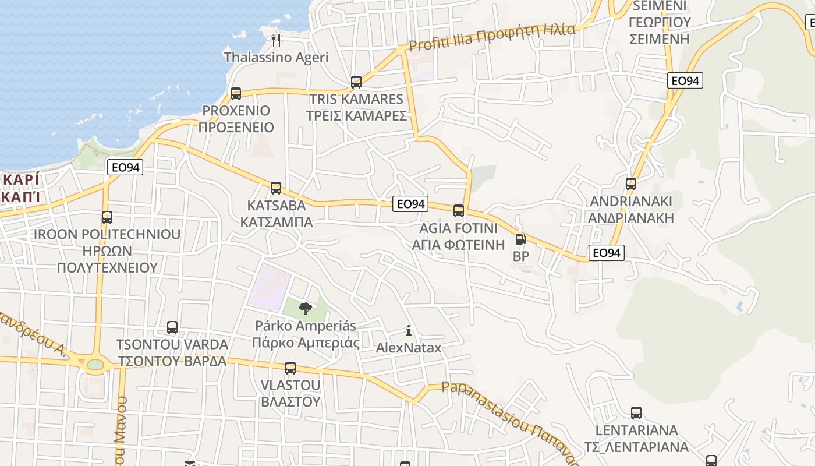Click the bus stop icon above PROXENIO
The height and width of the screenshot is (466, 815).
tap(236, 93)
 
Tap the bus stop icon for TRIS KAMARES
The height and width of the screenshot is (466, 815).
tap(356, 82)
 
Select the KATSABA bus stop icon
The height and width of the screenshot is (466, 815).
tap(276, 188)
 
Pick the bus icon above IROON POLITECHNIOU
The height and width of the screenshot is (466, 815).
tap(107, 217)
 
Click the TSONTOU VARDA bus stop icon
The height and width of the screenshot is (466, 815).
tap(172, 327)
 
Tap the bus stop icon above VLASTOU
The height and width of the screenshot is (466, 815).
tap(290, 368)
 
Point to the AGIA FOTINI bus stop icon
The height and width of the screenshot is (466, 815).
tap(459, 211)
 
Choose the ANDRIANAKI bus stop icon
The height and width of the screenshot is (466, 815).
tap(631, 185)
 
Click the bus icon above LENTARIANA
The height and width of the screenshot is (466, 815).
tap(636, 413)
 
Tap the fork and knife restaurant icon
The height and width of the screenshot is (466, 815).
tap(276, 40)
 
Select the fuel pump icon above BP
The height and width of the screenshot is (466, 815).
tap(520, 239)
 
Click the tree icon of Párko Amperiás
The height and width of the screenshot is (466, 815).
tap(305, 309)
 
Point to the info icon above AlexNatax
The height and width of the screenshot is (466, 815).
tap(409, 331)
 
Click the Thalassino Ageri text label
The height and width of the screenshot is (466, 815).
tap(276, 57)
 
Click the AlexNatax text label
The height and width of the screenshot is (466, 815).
tap(409, 348)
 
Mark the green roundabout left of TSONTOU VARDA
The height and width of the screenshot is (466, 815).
tap(95, 365)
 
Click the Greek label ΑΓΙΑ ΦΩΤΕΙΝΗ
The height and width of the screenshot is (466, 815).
tap(458, 245)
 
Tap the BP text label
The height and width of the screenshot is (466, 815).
tap(520, 256)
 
